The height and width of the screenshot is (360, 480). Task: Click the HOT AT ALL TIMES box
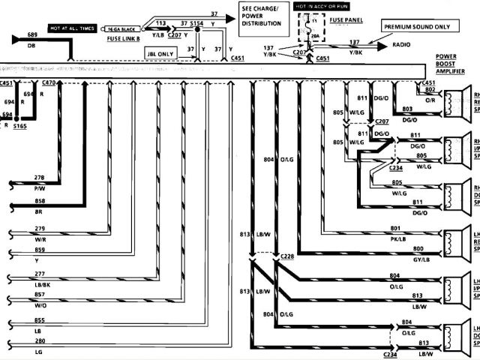(73, 27)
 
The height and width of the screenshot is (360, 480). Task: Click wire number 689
(33, 35)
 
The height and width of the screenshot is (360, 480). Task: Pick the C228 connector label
(288, 256)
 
